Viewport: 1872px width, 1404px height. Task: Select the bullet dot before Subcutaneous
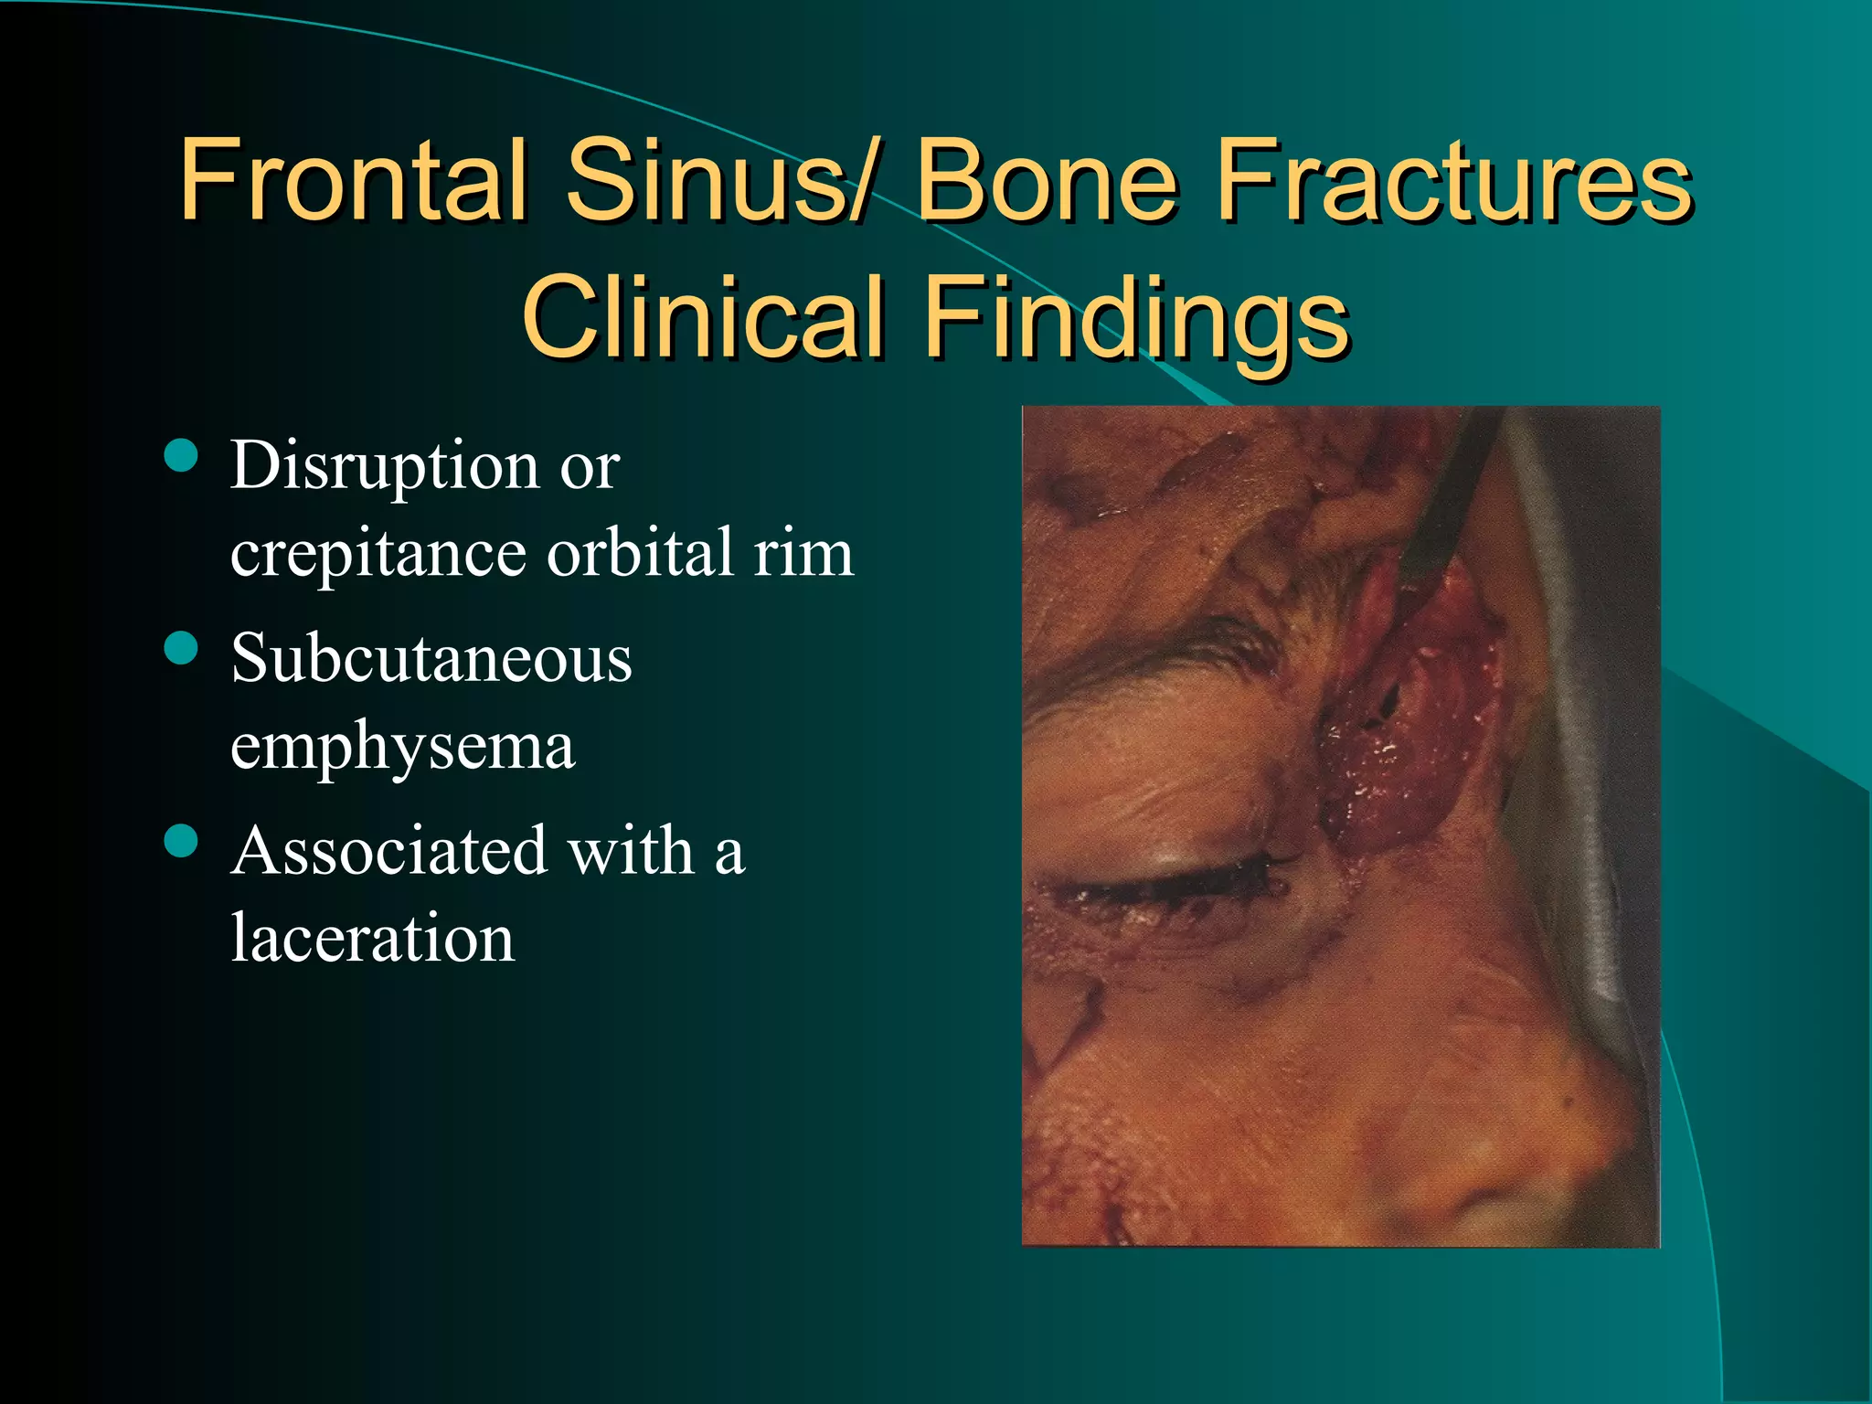pos(182,648)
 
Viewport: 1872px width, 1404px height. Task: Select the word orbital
pos(640,552)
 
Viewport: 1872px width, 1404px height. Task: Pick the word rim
pos(803,554)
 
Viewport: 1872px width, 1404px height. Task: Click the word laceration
pos(373,938)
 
